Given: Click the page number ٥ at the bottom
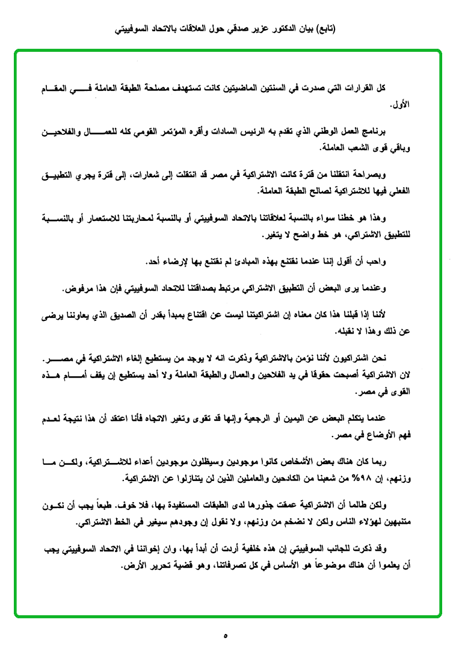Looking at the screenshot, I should pos(226,635).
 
